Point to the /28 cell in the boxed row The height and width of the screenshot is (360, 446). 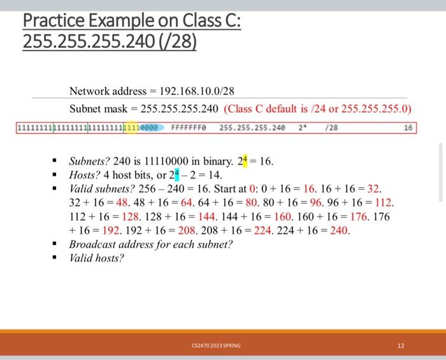click(x=331, y=127)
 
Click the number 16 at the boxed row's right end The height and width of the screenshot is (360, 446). click(x=408, y=127)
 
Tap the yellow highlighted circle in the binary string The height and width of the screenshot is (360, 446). click(x=131, y=127)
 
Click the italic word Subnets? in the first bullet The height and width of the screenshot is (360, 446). click(x=89, y=162)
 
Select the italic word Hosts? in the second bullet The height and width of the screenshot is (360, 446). click(x=84, y=175)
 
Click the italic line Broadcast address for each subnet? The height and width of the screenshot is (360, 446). click(x=151, y=244)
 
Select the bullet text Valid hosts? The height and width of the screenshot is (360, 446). click(x=96, y=257)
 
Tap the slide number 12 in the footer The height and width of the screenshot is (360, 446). click(x=400, y=346)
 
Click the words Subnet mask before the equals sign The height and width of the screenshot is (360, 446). click(x=99, y=108)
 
